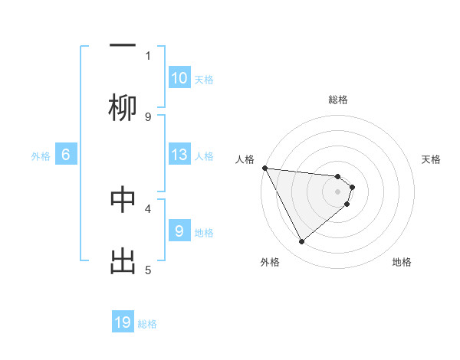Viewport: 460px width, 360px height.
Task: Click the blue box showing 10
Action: click(179, 78)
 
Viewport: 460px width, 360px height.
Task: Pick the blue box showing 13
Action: click(179, 155)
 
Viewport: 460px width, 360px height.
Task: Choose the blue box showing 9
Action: click(179, 231)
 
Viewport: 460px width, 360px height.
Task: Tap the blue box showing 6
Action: click(66, 155)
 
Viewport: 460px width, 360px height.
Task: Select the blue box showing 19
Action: click(123, 323)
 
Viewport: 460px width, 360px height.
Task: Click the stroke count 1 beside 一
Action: click(148, 56)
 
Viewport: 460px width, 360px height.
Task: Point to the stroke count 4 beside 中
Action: click(148, 208)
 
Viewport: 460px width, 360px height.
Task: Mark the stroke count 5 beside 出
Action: click(148, 269)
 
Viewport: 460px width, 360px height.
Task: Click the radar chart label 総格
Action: click(338, 100)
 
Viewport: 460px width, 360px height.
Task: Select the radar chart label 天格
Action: click(432, 159)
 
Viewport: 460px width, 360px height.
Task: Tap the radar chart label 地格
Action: click(402, 262)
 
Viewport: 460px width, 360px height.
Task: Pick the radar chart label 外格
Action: click(270, 262)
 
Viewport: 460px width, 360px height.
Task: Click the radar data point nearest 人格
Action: click(264, 168)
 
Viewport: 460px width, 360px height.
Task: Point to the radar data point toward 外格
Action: click(301, 242)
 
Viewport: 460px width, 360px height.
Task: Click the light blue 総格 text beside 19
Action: click(147, 324)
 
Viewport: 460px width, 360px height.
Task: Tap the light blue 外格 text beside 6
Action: click(41, 156)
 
